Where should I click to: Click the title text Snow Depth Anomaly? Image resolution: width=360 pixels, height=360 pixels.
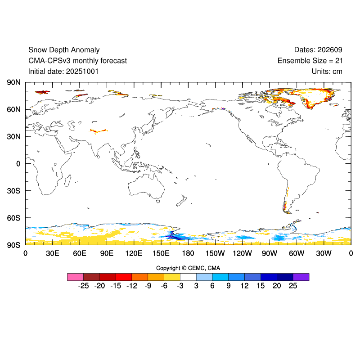pyautogui.click(x=64, y=50)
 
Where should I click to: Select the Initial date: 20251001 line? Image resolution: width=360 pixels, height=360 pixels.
pyautogui.click(x=63, y=71)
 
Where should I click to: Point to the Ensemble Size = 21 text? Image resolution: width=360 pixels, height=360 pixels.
pyautogui.click(x=310, y=61)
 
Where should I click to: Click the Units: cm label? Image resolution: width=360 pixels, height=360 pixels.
pyautogui.click(x=327, y=71)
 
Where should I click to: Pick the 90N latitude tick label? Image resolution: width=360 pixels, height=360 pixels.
pyautogui.click(x=13, y=82)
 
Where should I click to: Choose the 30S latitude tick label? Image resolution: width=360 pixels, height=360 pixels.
pyautogui.click(x=13, y=191)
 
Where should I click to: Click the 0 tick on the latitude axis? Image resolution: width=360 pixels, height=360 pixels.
pyautogui.click(x=18, y=164)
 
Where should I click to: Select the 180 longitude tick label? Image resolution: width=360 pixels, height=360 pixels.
pyautogui.click(x=188, y=253)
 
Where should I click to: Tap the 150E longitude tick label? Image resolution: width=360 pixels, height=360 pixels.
pyautogui.click(x=161, y=253)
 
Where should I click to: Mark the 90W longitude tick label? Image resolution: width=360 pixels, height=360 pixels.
pyautogui.click(x=270, y=253)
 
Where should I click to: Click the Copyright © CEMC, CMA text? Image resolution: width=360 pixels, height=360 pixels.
pyautogui.click(x=188, y=268)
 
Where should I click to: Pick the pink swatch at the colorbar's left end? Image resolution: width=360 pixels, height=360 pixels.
pyautogui.click(x=75, y=277)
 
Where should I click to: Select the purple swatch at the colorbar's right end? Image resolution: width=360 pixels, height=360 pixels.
pyautogui.click(x=301, y=277)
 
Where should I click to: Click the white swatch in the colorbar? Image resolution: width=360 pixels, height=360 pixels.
pyautogui.click(x=188, y=277)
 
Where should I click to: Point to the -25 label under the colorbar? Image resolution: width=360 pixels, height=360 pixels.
pyautogui.click(x=83, y=286)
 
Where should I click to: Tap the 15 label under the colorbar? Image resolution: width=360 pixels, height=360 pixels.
pyautogui.click(x=261, y=286)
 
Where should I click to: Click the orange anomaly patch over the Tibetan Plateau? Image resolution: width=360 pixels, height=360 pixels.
pyautogui.click(x=99, y=131)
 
